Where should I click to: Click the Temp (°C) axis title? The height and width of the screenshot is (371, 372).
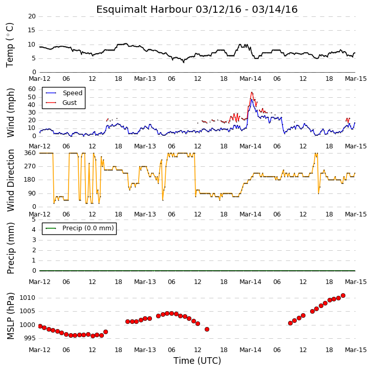(x=10, y=45)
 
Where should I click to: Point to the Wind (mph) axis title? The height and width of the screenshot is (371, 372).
(x=11, y=113)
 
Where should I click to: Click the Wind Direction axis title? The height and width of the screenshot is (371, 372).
(x=11, y=180)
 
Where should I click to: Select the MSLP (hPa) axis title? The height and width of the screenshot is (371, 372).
(x=11, y=316)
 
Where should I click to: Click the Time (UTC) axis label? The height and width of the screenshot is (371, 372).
(x=197, y=361)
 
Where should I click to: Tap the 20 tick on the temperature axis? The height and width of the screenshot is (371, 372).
(x=32, y=16)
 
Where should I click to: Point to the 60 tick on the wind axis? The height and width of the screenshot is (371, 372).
(x=32, y=89)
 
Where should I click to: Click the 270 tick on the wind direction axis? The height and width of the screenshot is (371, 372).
(x=30, y=166)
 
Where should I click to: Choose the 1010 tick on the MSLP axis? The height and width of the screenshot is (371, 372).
(x=27, y=298)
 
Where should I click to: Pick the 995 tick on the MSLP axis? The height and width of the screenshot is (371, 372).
(x=29, y=338)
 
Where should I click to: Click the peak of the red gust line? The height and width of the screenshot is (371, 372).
(x=252, y=92)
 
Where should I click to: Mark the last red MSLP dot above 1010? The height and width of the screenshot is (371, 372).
(x=343, y=296)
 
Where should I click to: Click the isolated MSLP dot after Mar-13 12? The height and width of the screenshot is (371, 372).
(x=207, y=329)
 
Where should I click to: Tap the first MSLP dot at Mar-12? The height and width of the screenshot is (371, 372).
(x=40, y=326)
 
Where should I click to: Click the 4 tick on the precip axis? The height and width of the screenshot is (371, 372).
(x=34, y=230)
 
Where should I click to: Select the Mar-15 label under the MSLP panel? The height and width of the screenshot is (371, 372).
(x=356, y=350)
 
